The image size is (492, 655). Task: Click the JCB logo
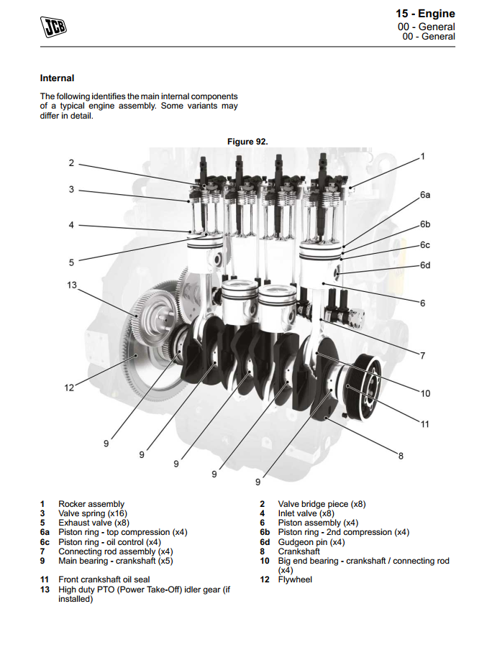[x=53, y=27]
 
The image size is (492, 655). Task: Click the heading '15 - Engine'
[x=425, y=14]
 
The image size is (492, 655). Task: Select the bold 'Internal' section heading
[x=57, y=78]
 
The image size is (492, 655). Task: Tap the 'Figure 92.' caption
[x=247, y=142]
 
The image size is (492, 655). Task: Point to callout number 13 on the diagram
[x=71, y=285]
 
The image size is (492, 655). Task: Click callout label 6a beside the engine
[x=425, y=195]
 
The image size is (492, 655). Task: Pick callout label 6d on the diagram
[x=425, y=265]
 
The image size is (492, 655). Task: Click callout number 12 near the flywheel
[x=69, y=388]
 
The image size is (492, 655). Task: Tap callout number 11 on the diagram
[x=424, y=423]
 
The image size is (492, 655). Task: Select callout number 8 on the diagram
[x=401, y=454]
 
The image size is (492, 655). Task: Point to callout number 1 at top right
[x=423, y=156]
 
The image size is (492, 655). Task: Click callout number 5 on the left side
[x=71, y=262]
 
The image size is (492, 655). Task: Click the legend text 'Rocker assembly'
[x=91, y=504]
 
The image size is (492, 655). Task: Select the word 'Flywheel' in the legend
[x=295, y=580]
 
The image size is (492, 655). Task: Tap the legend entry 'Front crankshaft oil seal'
[x=104, y=580]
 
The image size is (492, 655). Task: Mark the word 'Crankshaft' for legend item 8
[x=299, y=551]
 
